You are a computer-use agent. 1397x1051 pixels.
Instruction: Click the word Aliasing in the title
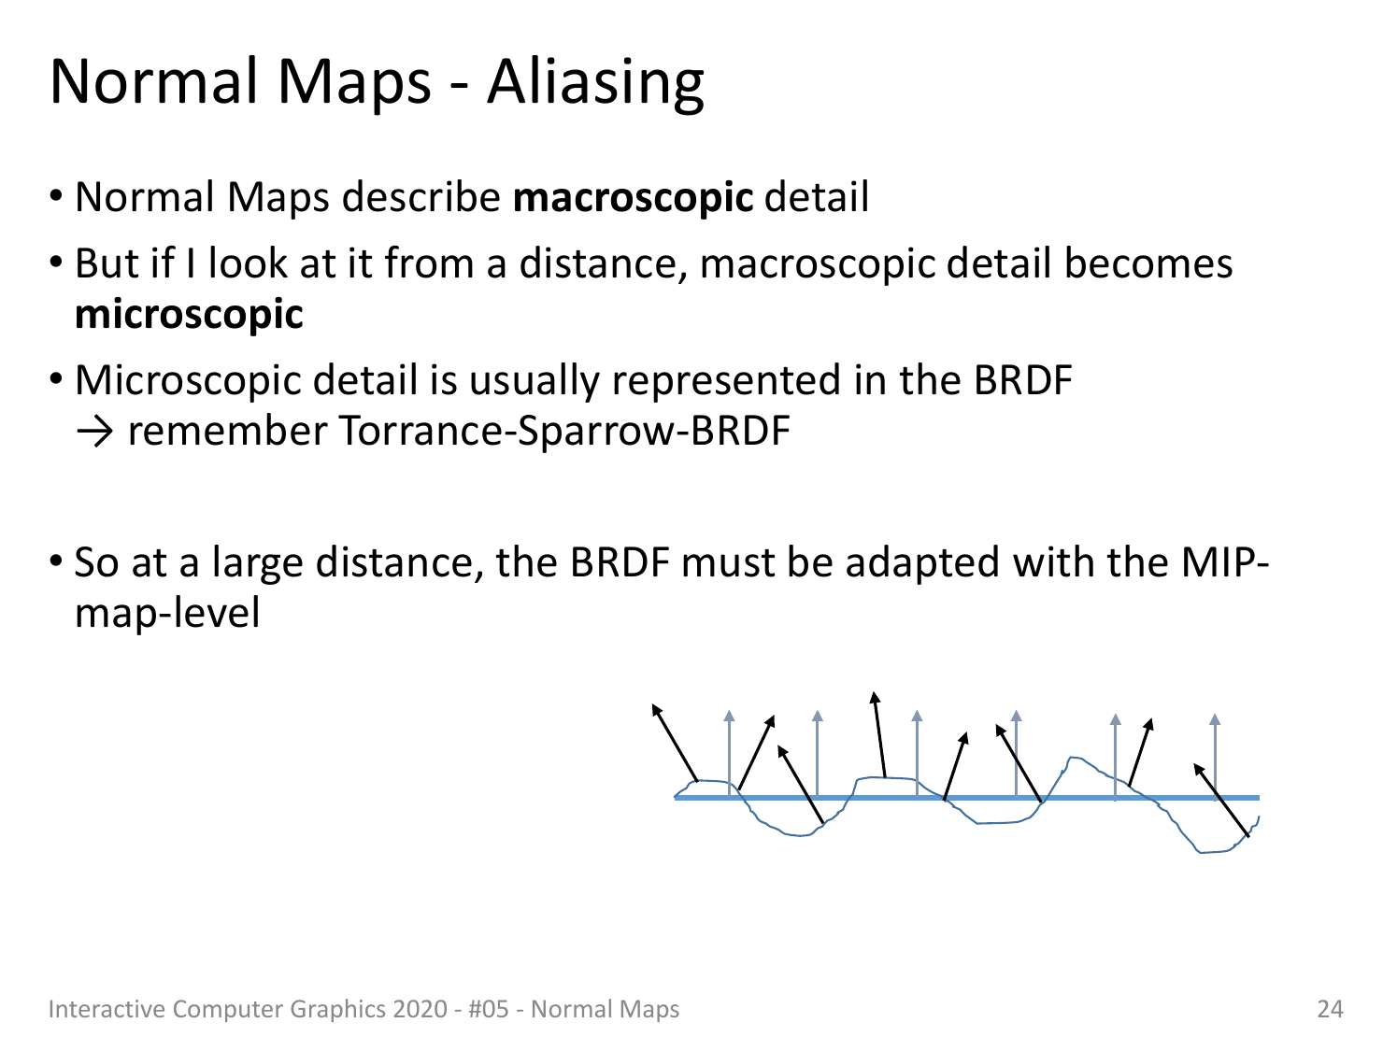(x=595, y=83)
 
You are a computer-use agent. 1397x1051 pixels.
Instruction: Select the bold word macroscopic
(x=633, y=198)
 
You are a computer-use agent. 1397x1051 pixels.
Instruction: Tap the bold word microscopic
(x=189, y=315)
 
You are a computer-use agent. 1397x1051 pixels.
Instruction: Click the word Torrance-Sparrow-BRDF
(x=564, y=431)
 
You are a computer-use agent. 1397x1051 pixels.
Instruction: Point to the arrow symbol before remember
(x=94, y=432)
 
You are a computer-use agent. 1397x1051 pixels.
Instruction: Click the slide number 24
(x=1330, y=1009)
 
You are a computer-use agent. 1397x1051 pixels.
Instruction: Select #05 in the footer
(x=488, y=1009)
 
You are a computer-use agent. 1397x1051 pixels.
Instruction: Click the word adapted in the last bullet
(x=922, y=563)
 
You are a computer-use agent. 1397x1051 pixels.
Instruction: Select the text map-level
(x=167, y=614)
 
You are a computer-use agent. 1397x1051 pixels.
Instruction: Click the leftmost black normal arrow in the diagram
(x=676, y=743)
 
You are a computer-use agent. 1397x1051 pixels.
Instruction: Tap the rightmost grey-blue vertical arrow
(x=1215, y=757)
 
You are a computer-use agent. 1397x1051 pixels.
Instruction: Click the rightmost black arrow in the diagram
(x=1221, y=801)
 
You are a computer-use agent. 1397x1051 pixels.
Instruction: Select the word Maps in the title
(x=354, y=83)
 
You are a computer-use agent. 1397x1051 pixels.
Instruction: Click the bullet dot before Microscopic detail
(x=56, y=379)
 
